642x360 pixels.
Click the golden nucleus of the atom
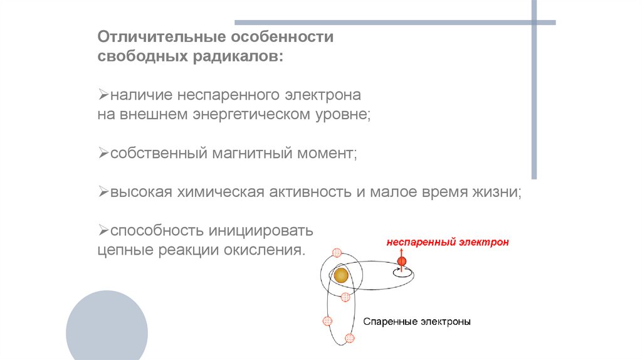[x=340, y=275]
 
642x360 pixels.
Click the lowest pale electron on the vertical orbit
[x=349, y=338]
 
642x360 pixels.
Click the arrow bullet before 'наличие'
[x=103, y=96]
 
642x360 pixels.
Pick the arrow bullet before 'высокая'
[x=103, y=192]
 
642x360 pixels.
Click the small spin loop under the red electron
[x=401, y=272]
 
